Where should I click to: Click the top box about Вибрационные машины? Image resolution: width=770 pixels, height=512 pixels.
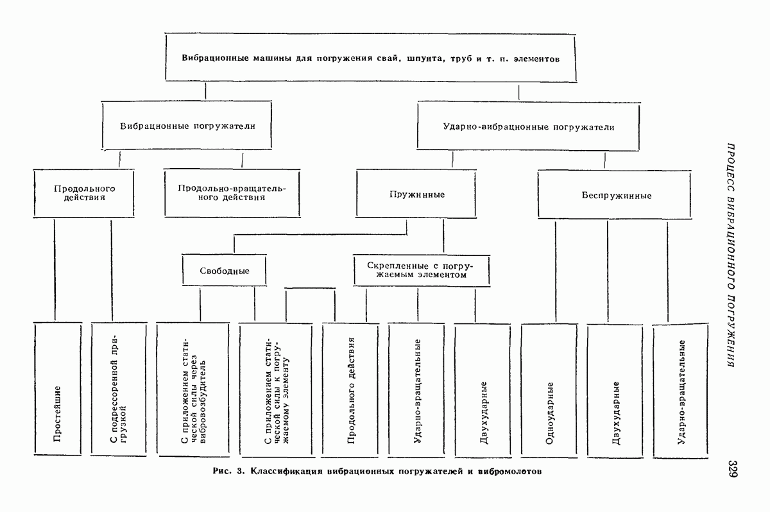point(371,57)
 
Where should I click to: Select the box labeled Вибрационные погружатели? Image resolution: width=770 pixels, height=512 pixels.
point(187,126)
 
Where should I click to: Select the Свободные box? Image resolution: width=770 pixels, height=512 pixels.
point(224,271)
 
